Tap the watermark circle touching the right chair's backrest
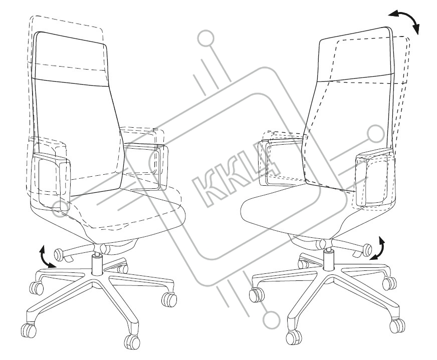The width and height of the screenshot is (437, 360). pos(374,134)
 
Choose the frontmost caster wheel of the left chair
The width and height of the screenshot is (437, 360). pos(132,341)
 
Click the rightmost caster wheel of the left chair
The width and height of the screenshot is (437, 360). pos(168,299)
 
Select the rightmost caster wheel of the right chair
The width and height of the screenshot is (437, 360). pos(397,325)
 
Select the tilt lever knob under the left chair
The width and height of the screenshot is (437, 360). pos(60,254)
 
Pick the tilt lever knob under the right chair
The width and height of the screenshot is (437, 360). pos(367,248)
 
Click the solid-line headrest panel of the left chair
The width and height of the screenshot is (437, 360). pos(70,58)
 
